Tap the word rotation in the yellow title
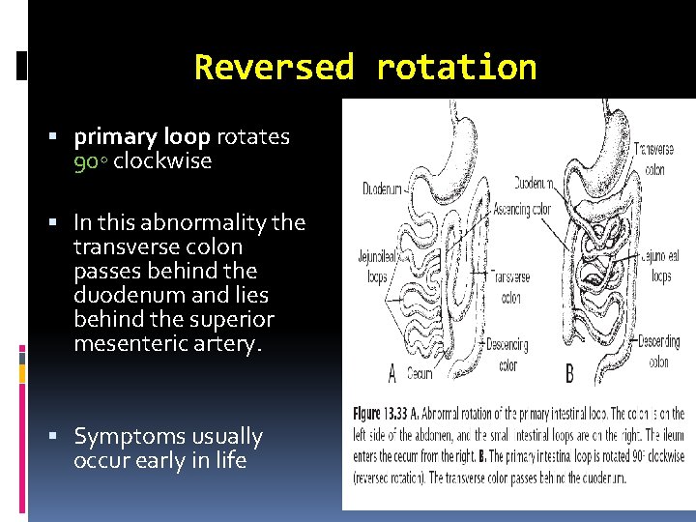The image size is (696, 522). (x=455, y=67)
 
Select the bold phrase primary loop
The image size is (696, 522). (x=142, y=137)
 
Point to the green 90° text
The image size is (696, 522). (x=90, y=161)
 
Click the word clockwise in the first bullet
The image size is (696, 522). (x=161, y=161)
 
